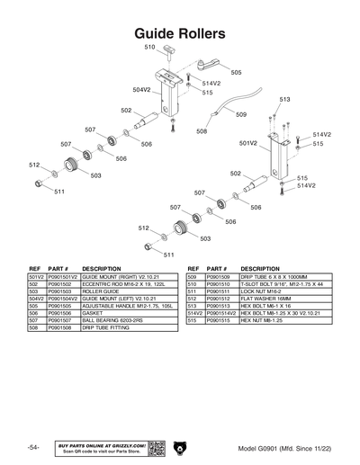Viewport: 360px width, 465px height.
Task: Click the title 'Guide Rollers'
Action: [x=180, y=33]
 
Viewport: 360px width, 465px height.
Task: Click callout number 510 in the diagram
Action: [x=150, y=47]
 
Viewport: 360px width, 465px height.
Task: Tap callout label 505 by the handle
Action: [x=236, y=72]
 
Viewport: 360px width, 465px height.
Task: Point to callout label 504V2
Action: [x=140, y=90]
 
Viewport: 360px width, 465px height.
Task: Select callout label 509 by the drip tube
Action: [x=241, y=115]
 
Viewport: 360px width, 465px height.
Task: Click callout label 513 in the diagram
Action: [x=284, y=100]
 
